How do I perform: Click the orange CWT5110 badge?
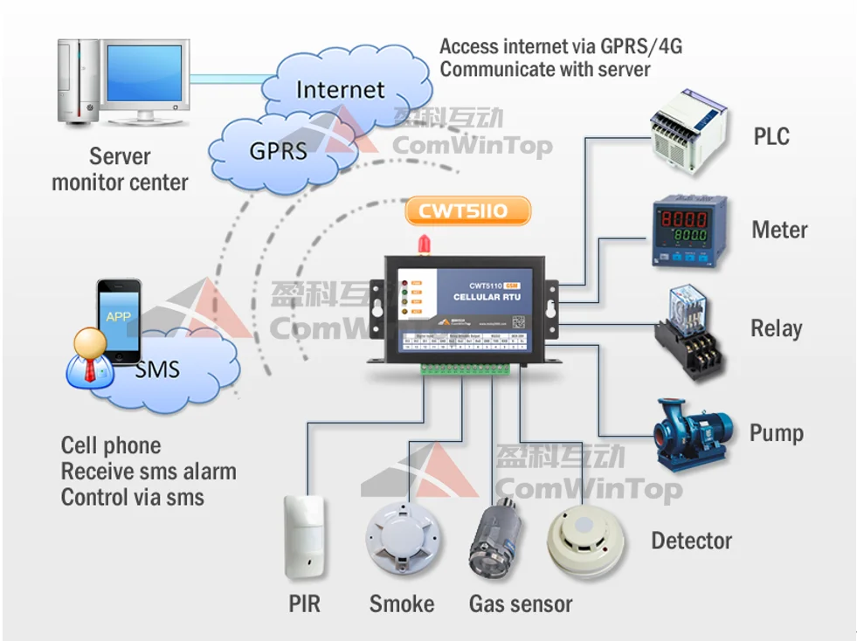click(x=468, y=210)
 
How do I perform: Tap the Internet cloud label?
click(x=340, y=90)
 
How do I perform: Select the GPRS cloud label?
click(x=278, y=150)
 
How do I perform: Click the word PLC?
click(x=771, y=137)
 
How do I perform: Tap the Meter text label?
click(x=779, y=231)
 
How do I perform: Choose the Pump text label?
click(x=776, y=433)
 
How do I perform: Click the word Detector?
click(x=691, y=541)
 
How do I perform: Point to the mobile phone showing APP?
click(x=118, y=320)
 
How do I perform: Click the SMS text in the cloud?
click(x=157, y=369)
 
